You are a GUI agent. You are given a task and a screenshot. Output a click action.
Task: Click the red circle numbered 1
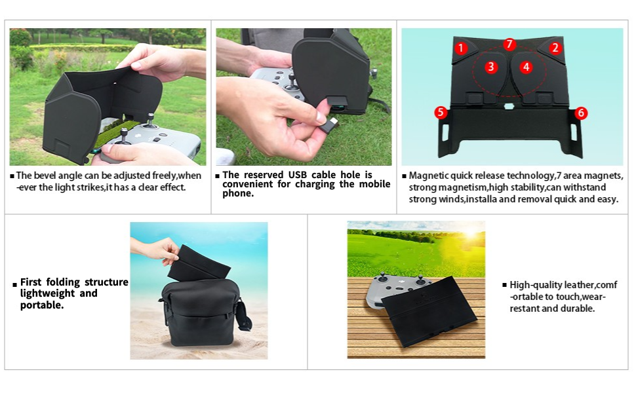coord(461,48)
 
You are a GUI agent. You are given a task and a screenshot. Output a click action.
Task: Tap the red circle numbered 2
coord(555,48)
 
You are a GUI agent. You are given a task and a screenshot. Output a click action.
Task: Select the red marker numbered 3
coord(491,67)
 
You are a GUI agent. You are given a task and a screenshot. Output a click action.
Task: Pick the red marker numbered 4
coord(526,67)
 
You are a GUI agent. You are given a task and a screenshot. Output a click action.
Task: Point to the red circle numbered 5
coord(441,113)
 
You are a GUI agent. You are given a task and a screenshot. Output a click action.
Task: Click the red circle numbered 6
coord(581,113)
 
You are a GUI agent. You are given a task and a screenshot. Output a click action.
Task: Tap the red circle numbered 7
coord(509,45)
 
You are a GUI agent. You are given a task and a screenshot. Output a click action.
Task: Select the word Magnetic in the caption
coord(429,176)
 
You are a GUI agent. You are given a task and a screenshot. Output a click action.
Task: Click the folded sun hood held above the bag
coord(197,262)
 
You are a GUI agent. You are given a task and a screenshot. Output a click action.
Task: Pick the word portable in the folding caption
coord(42,305)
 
